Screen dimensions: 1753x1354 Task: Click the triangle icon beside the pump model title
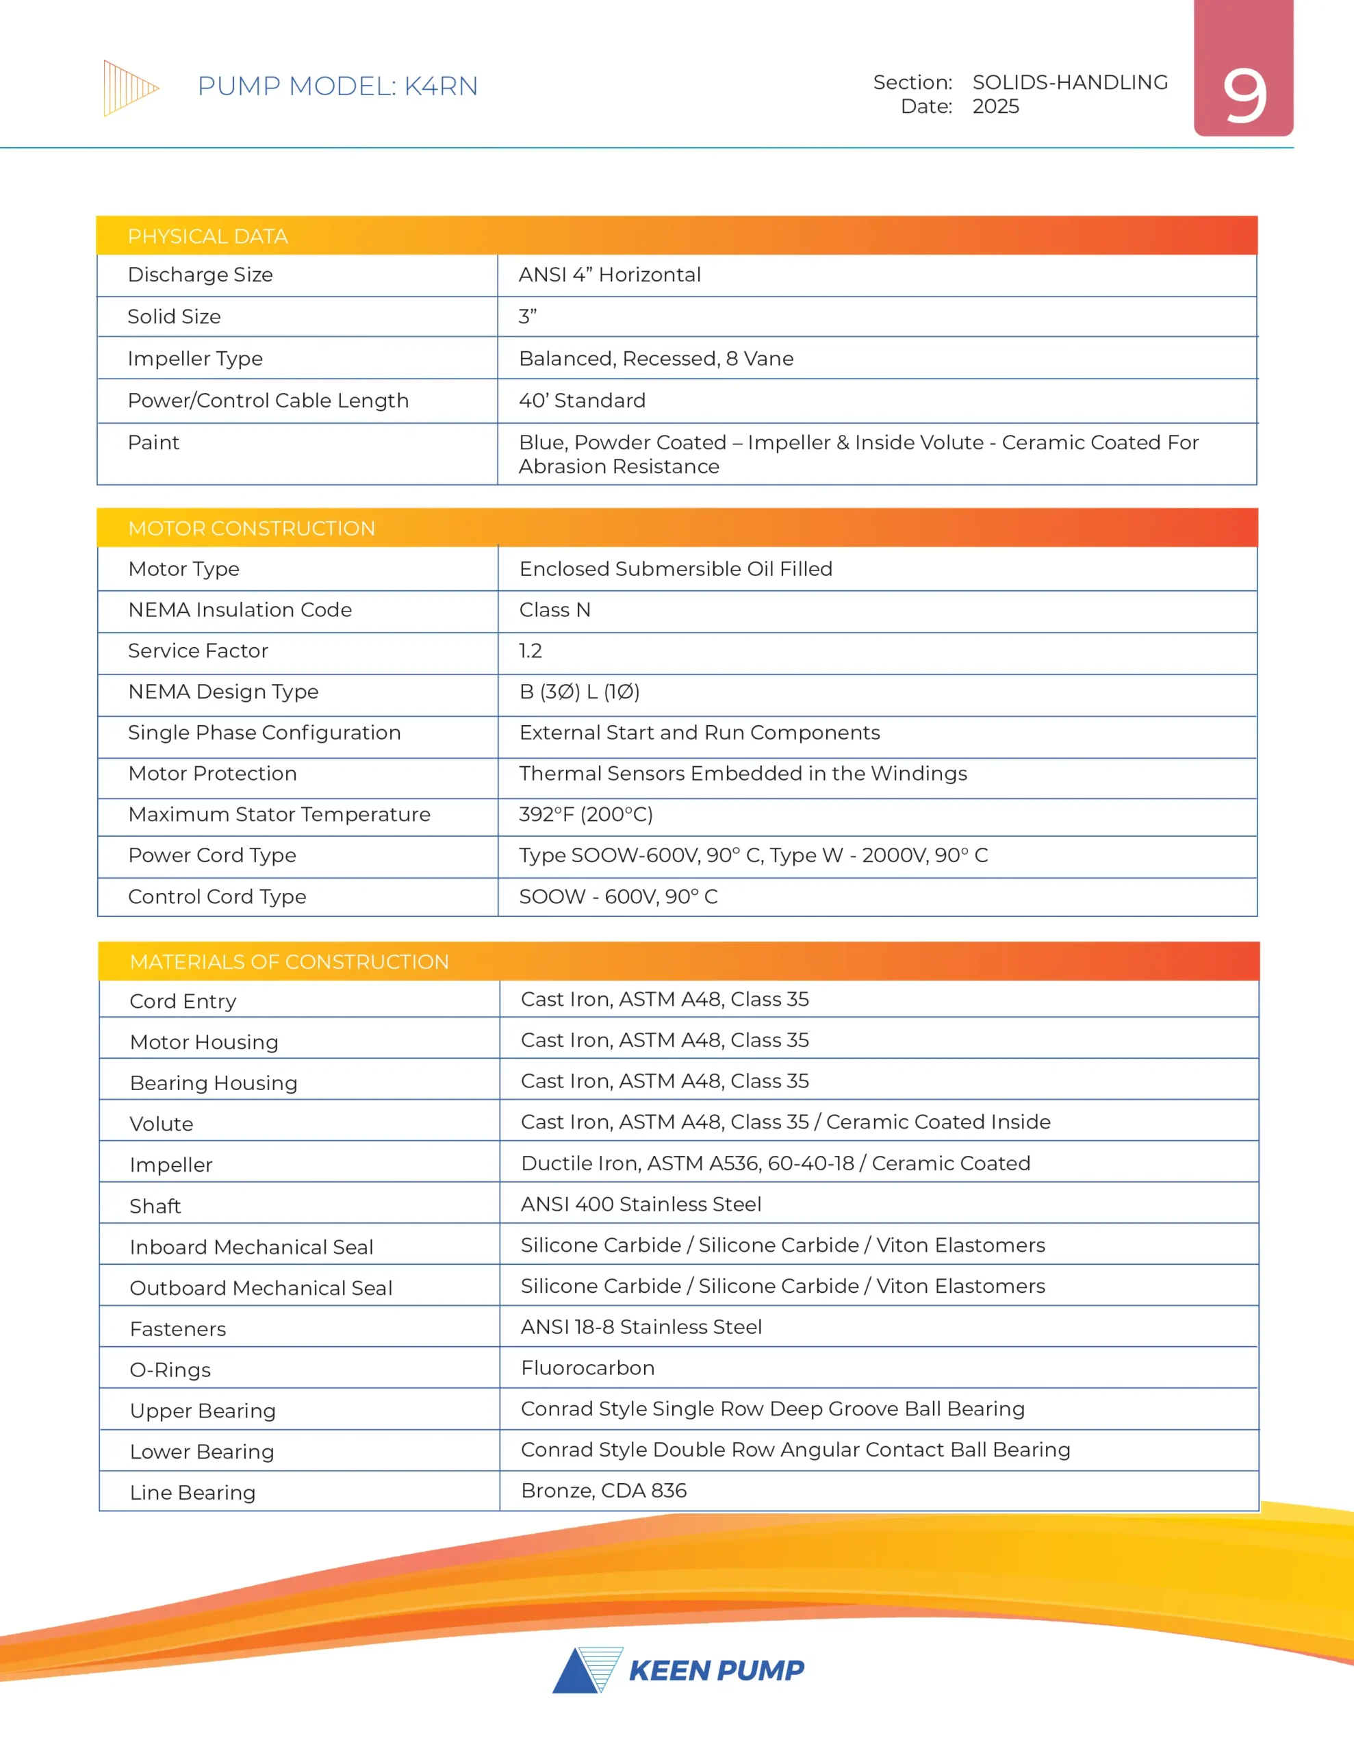[x=130, y=88]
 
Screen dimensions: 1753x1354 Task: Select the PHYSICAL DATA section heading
[x=207, y=237]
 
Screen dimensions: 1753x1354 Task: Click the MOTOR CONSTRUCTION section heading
[x=251, y=529]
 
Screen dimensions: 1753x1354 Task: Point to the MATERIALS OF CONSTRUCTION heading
[x=289, y=962]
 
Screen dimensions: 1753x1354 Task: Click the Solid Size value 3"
[x=527, y=317]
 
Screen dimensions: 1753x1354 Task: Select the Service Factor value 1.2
[x=531, y=651]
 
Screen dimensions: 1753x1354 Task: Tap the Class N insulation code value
[x=554, y=610]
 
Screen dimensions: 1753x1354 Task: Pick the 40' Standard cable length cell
[x=582, y=401]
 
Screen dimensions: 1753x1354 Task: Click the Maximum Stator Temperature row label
[x=279, y=815]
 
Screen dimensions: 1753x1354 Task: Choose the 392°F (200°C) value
[x=586, y=815]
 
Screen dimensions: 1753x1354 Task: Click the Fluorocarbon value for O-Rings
[x=587, y=1367]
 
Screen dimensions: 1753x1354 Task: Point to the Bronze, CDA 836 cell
[x=604, y=1491]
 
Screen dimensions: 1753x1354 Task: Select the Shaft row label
[x=155, y=1207]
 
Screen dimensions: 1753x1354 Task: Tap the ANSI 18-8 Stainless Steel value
[x=641, y=1327]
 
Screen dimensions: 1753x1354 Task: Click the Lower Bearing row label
[x=202, y=1452]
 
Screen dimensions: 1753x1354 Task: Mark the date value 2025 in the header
[x=995, y=107]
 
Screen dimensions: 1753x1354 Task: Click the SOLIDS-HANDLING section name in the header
[x=1070, y=83]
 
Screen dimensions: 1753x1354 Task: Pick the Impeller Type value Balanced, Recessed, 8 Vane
[x=656, y=359]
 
